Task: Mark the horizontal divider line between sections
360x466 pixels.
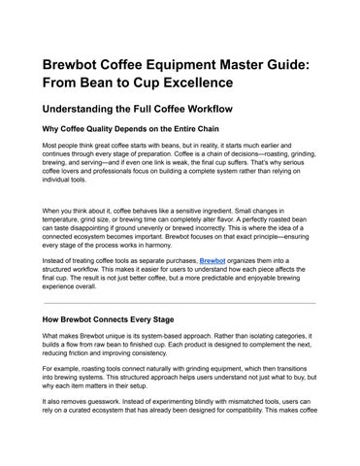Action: tap(180, 303)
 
